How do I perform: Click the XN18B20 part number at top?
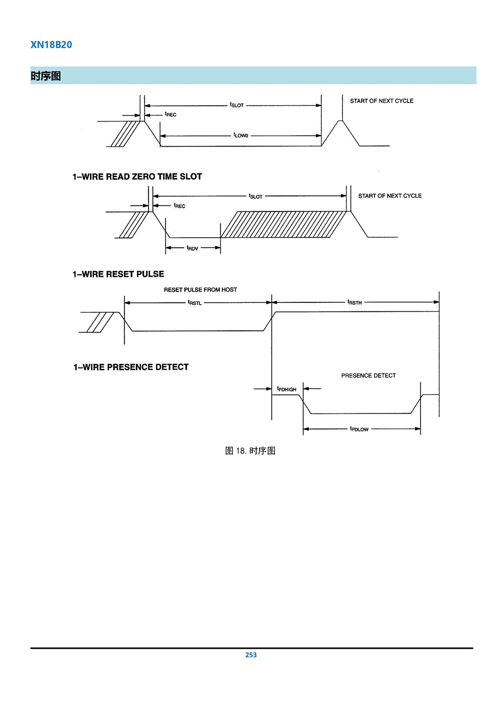tap(51, 45)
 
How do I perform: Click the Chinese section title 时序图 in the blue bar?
tap(46, 76)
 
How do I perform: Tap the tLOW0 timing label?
tap(241, 136)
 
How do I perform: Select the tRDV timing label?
tap(192, 248)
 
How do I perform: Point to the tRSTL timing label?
tap(195, 303)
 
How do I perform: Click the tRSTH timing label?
tap(354, 302)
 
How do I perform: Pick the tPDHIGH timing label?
tap(287, 389)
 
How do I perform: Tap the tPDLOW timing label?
tap(359, 429)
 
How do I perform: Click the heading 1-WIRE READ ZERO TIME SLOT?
tap(137, 177)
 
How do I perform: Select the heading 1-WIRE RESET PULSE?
tap(118, 274)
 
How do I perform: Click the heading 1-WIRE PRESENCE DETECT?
tap(131, 367)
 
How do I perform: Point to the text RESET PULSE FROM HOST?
tap(200, 290)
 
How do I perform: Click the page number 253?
tap(251, 655)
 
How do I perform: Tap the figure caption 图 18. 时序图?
tap(250, 451)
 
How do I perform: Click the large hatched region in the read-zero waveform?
tap(283, 224)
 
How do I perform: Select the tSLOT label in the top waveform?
tap(237, 105)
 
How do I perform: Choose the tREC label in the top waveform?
tap(171, 114)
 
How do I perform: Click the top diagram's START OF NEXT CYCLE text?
tap(382, 101)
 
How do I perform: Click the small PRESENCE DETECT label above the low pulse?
tap(368, 376)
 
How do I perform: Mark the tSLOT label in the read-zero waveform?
tap(256, 196)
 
